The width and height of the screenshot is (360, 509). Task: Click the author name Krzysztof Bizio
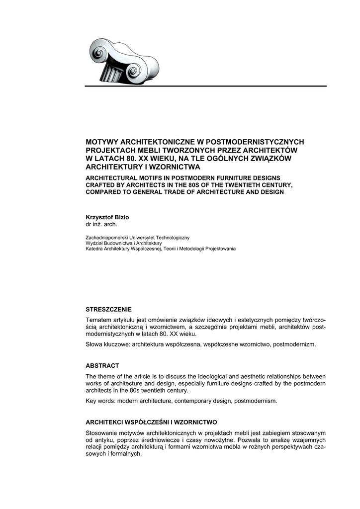click(x=107, y=217)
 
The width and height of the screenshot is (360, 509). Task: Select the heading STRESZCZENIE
click(x=109, y=309)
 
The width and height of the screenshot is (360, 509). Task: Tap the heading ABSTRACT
click(x=102, y=365)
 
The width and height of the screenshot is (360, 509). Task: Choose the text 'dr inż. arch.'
click(x=101, y=224)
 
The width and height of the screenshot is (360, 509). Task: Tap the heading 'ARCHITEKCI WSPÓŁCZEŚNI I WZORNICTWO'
click(x=151, y=422)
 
